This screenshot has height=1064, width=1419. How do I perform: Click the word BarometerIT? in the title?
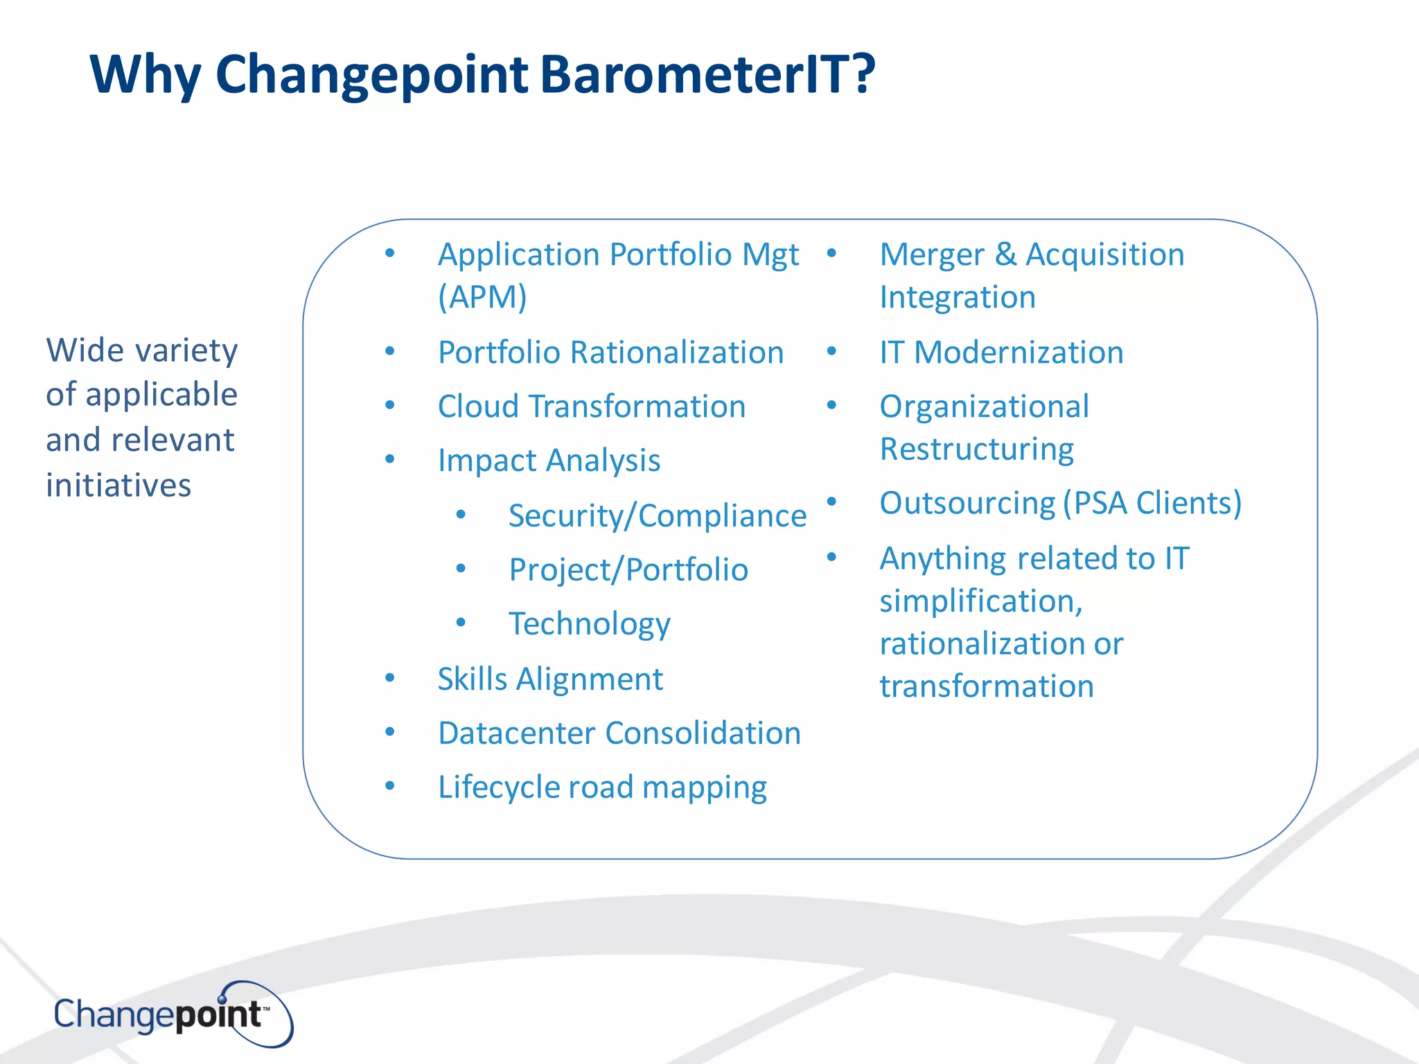(707, 74)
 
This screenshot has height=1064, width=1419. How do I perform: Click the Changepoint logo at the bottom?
(173, 1015)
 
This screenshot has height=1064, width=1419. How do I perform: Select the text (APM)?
(482, 297)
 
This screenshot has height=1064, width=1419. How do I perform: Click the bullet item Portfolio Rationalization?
(610, 352)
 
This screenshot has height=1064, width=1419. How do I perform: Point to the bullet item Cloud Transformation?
(591, 406)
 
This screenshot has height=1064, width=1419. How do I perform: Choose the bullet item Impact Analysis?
(549, 461)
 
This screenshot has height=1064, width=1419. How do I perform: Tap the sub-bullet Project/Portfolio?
(628, 570)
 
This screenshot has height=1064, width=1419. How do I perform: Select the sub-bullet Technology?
(589, 623)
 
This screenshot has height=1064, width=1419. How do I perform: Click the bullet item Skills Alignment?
(550, 679)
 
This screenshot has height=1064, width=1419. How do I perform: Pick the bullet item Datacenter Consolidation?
(619, 733)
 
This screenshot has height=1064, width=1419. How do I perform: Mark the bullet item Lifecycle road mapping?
(602, 787)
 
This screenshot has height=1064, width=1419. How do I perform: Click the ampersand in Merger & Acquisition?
(1005, 254)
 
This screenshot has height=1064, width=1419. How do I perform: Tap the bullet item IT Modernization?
(1001, 352)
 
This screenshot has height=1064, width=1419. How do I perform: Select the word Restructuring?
(976, 449)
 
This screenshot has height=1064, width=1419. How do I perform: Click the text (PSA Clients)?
(1152, 503)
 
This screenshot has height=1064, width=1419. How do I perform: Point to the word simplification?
(980, 601)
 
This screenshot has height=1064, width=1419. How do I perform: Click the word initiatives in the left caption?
(118, 485)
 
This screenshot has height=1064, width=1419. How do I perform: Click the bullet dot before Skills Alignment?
(390, 677)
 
